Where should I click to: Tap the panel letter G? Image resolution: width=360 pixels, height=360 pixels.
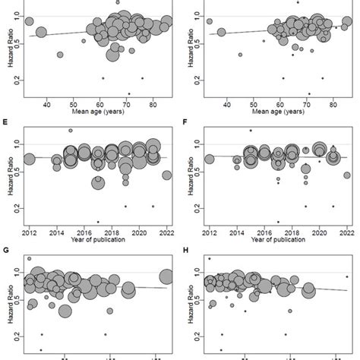coord(7,248)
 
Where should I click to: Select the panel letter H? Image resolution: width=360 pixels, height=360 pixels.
coord(186,248)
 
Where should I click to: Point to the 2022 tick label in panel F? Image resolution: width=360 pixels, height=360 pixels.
coord(346,232)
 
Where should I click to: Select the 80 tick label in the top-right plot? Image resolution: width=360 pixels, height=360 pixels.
coord(334,105)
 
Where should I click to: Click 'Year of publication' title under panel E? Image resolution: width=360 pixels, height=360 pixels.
coord(98,240)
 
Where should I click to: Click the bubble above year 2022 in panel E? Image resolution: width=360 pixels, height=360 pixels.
coord(166,175)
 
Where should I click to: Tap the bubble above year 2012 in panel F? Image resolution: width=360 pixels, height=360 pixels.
coord(209,159)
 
